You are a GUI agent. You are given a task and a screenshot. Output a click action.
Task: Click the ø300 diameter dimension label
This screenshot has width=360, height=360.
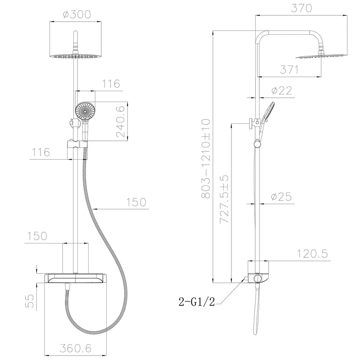coord(77,14)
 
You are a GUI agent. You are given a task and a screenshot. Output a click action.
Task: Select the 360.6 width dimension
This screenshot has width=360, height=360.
coord(76,347)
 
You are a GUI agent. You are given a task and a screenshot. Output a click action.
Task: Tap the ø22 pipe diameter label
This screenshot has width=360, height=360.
coord(282,90)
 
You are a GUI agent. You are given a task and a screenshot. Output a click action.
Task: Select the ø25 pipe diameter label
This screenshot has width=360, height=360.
coord(282,197)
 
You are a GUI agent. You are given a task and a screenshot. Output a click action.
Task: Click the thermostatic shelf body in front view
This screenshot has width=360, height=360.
coord(75,278)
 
